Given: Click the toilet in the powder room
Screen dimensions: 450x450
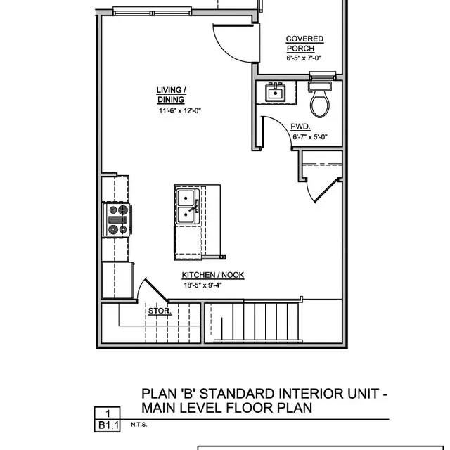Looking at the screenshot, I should (x=321, y=100).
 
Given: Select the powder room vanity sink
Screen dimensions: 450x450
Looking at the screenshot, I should (x=274, y=92).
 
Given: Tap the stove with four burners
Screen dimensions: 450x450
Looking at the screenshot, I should (x=117, y=219).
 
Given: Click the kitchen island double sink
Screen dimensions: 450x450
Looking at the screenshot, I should (x=187, y=205).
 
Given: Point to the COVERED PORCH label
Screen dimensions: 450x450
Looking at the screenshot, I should (x=304, y=44).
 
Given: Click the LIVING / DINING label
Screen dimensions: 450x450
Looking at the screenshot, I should (x=171, y=95).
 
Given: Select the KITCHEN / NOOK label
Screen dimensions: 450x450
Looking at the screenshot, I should (x=213, y=275).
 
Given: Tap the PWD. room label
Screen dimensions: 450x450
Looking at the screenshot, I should (x=301, y=127).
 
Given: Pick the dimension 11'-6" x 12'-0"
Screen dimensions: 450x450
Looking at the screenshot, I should (x=180, y=110).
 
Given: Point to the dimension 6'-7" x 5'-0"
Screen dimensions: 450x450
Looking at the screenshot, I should (x=310, y=137).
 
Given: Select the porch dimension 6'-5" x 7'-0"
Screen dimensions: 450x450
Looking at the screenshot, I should (x=304, y=59).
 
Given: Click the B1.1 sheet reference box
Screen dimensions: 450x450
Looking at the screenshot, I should (x=108, y=425).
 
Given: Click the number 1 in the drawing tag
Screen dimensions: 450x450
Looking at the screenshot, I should (x=108, y=413).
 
